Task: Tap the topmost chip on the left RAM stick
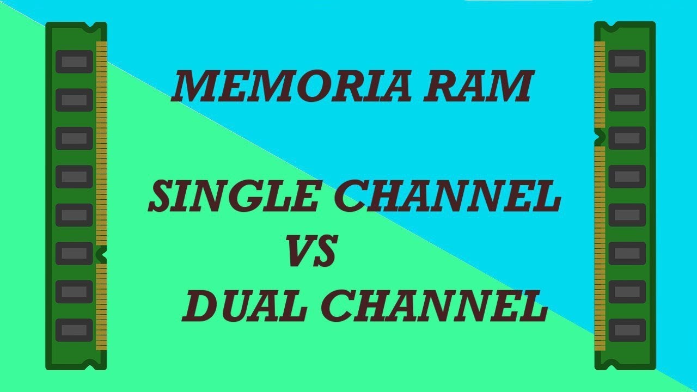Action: (x=74, y=62)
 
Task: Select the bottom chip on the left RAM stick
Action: (x=74, y=330)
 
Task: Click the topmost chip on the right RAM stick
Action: (x=627, y=62)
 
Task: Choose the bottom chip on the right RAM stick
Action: (x=627, y=330)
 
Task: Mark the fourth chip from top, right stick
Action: (x=627, y=176)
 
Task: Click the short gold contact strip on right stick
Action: (x=600, y=85)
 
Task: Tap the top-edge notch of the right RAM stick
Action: (x=625, y=25)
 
